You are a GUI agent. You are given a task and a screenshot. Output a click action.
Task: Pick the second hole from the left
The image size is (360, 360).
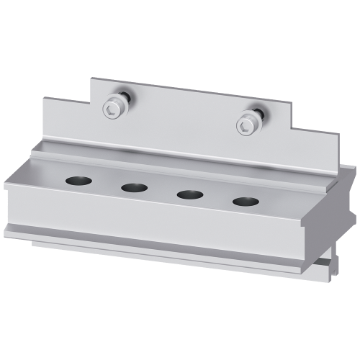(x=134, y=188)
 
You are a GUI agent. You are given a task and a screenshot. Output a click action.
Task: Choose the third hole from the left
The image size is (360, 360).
(x=189, y=194)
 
